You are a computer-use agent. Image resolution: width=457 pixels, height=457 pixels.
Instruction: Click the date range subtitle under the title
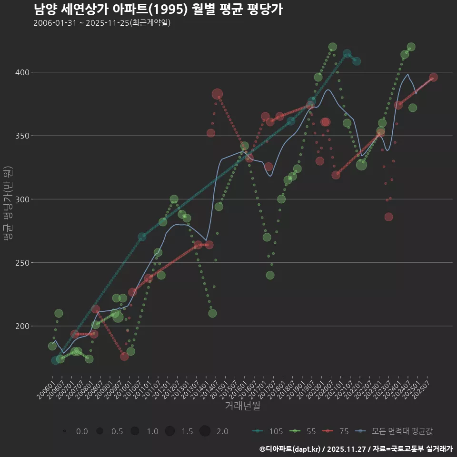pos(102,23)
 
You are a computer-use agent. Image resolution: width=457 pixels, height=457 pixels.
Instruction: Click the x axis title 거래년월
pos(242,406)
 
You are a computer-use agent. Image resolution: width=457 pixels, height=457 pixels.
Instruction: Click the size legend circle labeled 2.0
pos(205,431)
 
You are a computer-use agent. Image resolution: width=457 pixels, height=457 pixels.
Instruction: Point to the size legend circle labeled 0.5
pos(99,431)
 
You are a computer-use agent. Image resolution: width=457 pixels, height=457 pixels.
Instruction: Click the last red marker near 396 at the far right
pos(433,78)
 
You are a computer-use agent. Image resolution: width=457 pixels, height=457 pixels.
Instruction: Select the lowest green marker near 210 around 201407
pos(212,313)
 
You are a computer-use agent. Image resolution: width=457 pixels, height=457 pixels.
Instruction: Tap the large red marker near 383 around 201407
pos(217,94)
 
